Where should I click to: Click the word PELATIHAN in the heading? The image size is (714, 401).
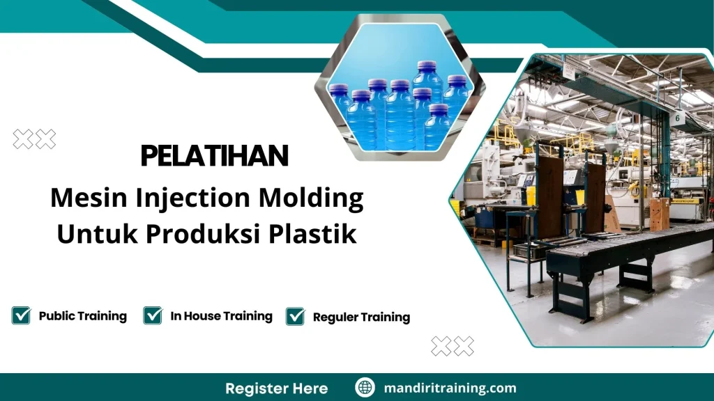tap(214, 156)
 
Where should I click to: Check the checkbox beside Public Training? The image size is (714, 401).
tap(21, 315)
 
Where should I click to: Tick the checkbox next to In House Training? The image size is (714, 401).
tap(153, 315)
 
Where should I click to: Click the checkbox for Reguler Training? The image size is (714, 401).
tap(296, 317)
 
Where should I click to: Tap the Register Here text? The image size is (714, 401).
tap(277, 388)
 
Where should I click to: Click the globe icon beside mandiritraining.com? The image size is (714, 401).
tap(365, 388)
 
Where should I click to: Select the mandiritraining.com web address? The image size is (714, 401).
tap(450, 388)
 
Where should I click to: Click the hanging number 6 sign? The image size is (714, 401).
tap(678, 118)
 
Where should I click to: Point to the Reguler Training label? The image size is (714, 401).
tap(361, 317)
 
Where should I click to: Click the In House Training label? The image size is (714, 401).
tap(221, 316)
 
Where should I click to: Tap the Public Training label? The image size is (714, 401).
tap(82, 316)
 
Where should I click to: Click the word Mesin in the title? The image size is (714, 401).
tap(79, 199)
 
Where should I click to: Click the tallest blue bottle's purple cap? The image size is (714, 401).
tap(426, 67)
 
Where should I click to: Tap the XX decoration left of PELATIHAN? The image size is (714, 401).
tap(34, 139)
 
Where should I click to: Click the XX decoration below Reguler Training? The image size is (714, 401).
tap(453, 346)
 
